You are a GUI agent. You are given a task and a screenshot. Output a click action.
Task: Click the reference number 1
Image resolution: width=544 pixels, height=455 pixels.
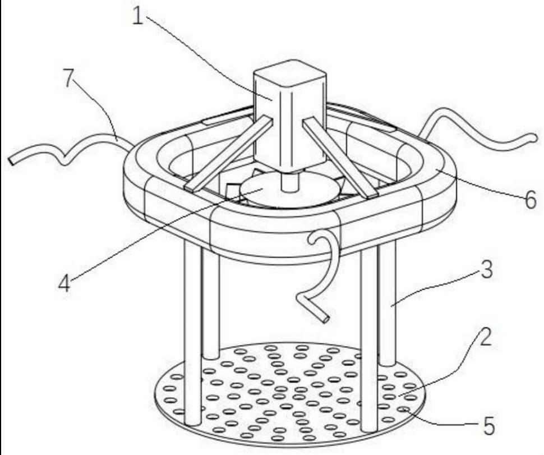pos(138,16)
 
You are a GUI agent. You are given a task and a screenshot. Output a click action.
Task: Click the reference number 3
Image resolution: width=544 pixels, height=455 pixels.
pos(487,270)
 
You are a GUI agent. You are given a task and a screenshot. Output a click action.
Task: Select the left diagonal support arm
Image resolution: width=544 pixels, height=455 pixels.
pos(229,154)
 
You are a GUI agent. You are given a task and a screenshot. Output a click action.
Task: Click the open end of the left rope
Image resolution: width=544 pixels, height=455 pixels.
pos(12,160)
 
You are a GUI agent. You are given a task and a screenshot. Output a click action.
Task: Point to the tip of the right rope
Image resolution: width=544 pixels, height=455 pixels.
pos(536,137)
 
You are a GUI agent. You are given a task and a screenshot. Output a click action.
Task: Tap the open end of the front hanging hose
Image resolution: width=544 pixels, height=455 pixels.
pos(325,319)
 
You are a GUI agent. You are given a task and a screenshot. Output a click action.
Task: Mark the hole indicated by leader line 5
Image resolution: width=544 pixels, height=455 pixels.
pos(403,410)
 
